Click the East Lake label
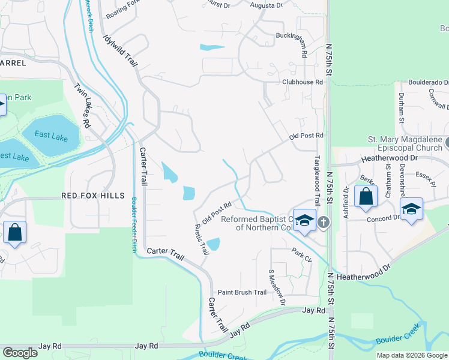point(51,135)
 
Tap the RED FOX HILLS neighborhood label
point(92,196)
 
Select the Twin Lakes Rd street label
point(82,105)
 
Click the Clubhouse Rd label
point(298,82)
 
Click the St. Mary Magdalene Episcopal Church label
point(406,145)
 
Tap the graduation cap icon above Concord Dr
point(411,209)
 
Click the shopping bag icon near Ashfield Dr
point(366,197)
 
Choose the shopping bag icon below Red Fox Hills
point(14,232)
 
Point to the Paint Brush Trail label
point(241,292)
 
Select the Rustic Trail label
point(200,239)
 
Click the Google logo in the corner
point(20,353)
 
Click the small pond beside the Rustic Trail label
point(214,244)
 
